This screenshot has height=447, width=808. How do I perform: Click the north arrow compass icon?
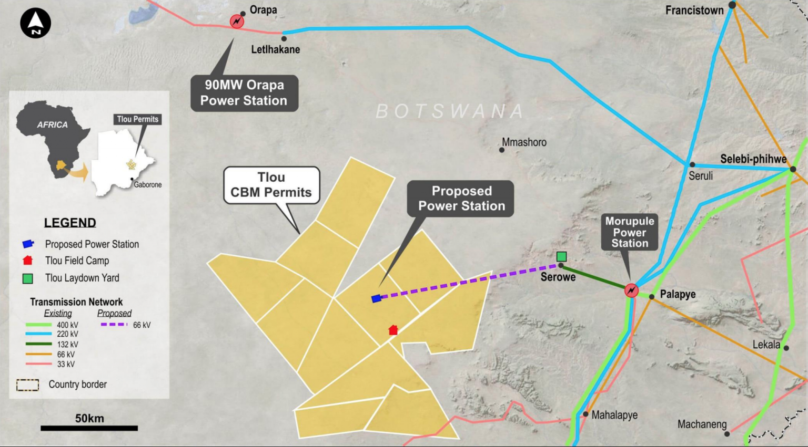[x=35, y=23]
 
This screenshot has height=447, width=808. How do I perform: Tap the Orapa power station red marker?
[x=237, y=22]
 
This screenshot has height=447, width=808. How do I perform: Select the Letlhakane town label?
[x=275, y=49]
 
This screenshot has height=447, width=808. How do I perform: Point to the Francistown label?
[x=694, y=10]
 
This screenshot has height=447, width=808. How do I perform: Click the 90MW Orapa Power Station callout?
[x=244, y=93]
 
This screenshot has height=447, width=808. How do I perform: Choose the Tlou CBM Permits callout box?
[x=271, y=185]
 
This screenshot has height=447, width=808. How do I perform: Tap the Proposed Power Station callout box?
[x=461, y=199]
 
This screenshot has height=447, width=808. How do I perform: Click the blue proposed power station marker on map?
[x=376, y=299]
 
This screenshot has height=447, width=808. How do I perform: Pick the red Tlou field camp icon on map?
[x=393, y=330]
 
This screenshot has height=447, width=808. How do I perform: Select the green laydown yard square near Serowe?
[x=561, y=256]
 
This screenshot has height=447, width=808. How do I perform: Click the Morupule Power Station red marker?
[x=631, y=290]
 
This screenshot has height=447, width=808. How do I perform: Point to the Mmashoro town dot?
[x=502, y=150]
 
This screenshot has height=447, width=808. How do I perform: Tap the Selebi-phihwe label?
[x=753, y=159]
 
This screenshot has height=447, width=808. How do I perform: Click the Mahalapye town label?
[x=614, y=415]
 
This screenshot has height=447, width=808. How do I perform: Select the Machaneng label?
[x=702, y=424]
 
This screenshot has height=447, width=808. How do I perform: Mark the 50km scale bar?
[x=89, y=428]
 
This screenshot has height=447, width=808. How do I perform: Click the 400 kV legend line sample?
[x=38, y=325]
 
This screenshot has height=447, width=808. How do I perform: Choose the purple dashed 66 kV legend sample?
[x=114, y=325]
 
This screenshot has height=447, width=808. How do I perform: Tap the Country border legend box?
[x=27, y=385]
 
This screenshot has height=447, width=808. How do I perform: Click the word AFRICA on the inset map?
[x=52, y=125]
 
